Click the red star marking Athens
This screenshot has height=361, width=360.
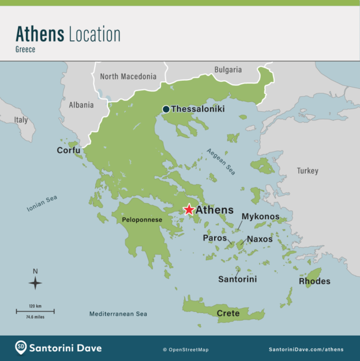[189, 210]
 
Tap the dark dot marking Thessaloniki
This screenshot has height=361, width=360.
[166, 109]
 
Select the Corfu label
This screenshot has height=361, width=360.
[68, 151]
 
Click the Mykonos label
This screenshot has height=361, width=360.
[260, 217]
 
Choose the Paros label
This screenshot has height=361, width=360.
[215, 238]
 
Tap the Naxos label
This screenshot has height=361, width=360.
[260, 239]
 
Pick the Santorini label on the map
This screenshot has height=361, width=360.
[237, 279]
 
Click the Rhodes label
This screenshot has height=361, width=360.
[314, 281]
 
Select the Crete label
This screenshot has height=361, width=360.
[228, 313]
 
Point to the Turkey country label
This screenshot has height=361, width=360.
[307, 171]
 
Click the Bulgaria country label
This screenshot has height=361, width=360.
[228, 70]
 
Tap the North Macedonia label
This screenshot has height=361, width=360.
[128, 76]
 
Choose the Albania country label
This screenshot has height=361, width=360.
[81, 105]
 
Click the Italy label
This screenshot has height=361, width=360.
[21, 120]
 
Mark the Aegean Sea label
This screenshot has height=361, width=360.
[221, 161]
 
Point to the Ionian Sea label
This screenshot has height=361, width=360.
[42, 204]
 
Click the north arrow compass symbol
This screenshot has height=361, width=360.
[35, 283]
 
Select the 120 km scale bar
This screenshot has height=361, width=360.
[35, 311]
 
